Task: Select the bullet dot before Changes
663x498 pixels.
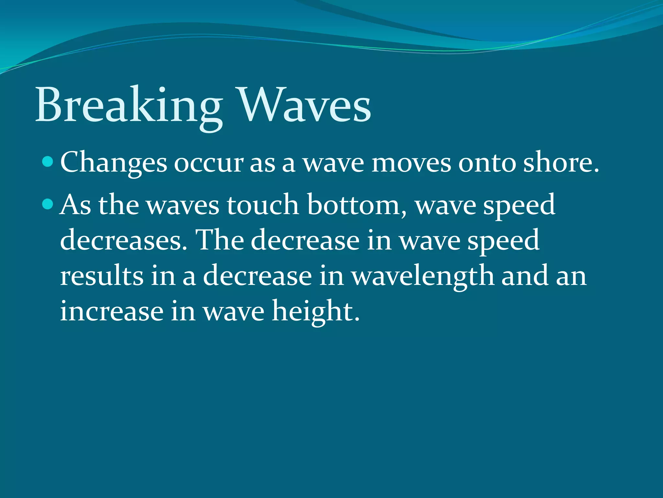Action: (x=48, y=161)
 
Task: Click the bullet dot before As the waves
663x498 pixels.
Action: (x=48, y=204)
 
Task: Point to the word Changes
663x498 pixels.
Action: (x=113, y=163)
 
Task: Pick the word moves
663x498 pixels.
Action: (x=411, y=163)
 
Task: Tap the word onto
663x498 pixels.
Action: (x=487, y=163)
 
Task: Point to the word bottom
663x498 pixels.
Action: (x=356, y=205)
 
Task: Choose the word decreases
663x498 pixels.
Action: (x=123, y=240)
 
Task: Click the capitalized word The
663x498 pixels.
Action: (x=220, y=240)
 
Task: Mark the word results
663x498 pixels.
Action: (x=102, y=276)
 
